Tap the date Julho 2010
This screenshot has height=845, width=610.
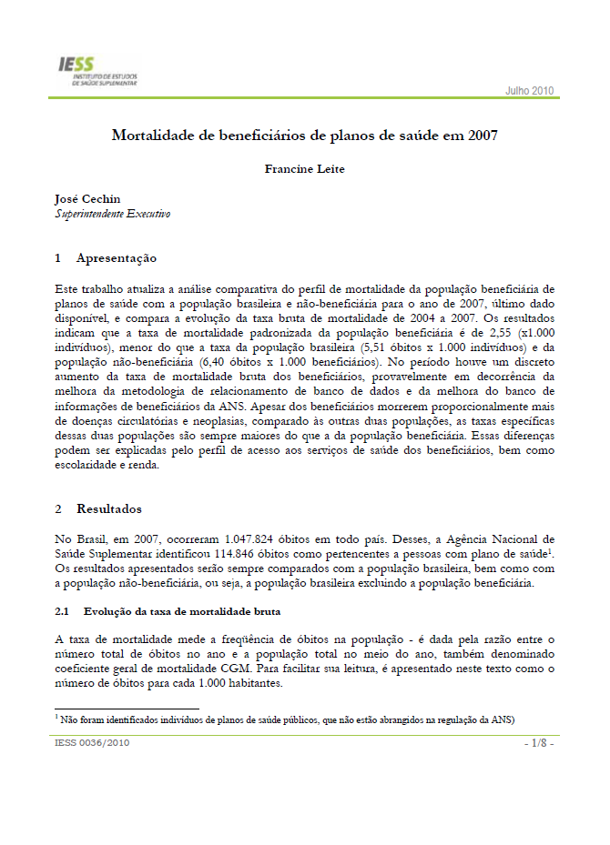coord(529,91)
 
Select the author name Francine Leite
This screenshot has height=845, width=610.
coord(305,168)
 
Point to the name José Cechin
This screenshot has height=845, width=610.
coord(87,199)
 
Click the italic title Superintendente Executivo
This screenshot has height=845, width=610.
coord(112,215)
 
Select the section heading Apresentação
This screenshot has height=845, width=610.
coord(117,258)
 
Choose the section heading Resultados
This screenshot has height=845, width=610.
coord(108,508)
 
